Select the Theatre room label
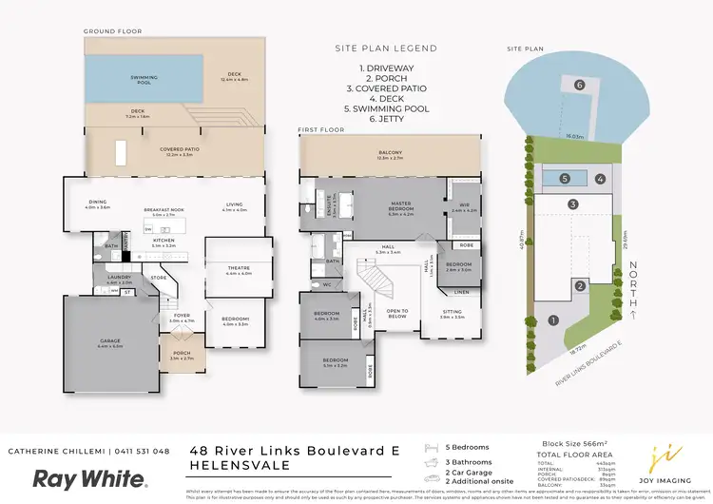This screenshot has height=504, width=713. click(x=239, y=271)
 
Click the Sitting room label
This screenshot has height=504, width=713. click(x=453, y=314)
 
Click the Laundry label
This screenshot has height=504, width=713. click(x=119, y=281)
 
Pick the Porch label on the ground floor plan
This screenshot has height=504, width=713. click(x=181, y=358)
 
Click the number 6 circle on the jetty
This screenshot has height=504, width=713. click(x=579, y=85)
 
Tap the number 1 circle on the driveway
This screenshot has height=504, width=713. click(x=552, y=320)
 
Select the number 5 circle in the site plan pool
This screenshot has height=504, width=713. click(x=564, y=178)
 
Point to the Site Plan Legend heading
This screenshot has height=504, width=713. click(x=385, y=48)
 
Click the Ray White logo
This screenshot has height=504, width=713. click(x=90, y=478)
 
